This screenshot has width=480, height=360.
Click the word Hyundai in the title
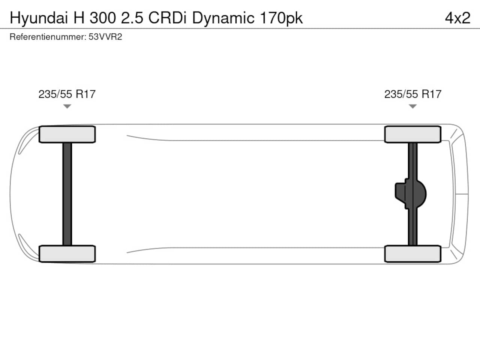click(39, 18)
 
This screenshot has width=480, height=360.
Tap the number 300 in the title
click(102, 18)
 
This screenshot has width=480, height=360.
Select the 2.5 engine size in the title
click(132, 18)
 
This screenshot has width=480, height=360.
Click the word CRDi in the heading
click(167, 18)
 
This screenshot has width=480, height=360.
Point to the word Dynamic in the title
click(223, 18)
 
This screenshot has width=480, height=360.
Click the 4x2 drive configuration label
click(457, 18)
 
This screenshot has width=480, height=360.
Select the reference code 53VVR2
click(105, 37)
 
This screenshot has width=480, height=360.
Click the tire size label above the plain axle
click(67, 94)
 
